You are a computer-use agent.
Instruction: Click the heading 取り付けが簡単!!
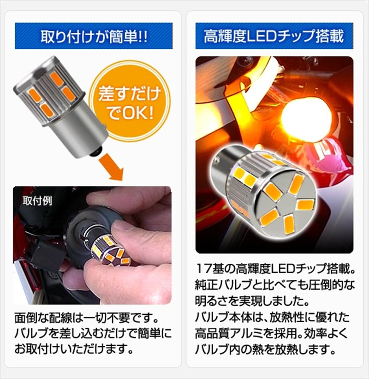point(94,36)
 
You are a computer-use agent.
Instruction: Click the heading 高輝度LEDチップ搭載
point(274,36)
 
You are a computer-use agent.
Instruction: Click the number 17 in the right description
point(203,267)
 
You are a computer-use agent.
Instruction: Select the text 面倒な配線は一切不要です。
point(86,319)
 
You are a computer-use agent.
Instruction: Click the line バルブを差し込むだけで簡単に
point(92,332)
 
